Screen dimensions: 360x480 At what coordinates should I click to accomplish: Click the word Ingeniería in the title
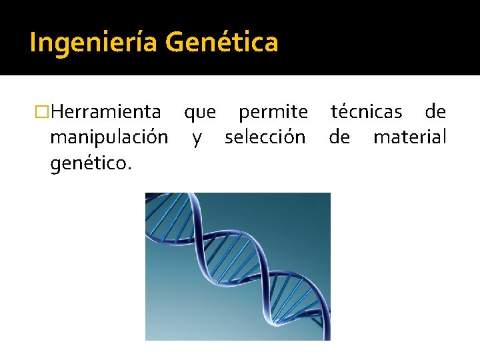click(x=93, y=43)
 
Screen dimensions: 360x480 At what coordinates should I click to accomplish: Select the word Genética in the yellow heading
click(x=221, y=43)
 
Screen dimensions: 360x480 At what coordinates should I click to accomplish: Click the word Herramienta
click(x=105, y=111)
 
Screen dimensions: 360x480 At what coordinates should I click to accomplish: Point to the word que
click(x=200, y=113)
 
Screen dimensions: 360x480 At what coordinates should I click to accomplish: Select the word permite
click(x=273, y=112)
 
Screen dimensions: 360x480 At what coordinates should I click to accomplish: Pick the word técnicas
click(x=367, y=111)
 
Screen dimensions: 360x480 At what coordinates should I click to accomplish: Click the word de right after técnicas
click(x=435, y=111)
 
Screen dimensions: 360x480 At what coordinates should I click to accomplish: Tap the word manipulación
click(x=109, y=138)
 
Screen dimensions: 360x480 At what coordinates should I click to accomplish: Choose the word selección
click(x=265, y=137)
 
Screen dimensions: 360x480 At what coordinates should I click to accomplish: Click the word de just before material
click(x=339, y=137)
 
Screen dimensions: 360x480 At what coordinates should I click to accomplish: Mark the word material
click(x=409, y=137)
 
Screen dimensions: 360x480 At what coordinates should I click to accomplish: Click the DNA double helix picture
click(x=238, y=267)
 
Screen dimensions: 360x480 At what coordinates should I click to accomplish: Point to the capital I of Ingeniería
click(x=33, y=43)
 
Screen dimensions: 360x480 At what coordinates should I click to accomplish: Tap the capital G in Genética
click(x=175, y=43)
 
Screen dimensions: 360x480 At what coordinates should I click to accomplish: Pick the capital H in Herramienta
click(x=56, y=111)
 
